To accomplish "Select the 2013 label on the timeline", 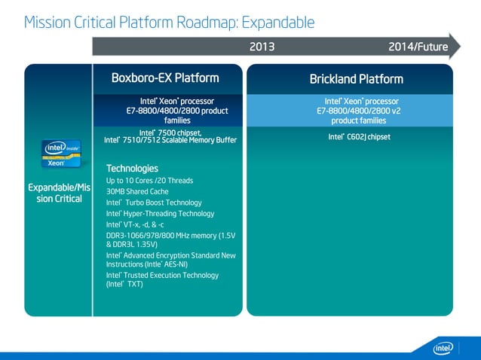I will (x=262, y=47).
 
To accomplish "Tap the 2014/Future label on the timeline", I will (x=418, y=47).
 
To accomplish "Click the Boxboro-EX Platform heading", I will (x=165, y=78).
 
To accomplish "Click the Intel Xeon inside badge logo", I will (x=60, y=154).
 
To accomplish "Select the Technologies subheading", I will (x=132, y=168).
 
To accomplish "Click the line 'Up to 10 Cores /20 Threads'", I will (x=149, y=181).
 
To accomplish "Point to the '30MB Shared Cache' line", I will (x=137, y=191).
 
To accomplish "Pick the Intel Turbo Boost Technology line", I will (x=154, y=203).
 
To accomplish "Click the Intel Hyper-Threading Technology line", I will (x=160, y=213).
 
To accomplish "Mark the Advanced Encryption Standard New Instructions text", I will (x=170, y=260).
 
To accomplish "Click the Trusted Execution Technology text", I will (x=162, y=279).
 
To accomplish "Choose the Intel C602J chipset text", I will (x=359, y=136).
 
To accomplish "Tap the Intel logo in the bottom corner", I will (x=443, y=347).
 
